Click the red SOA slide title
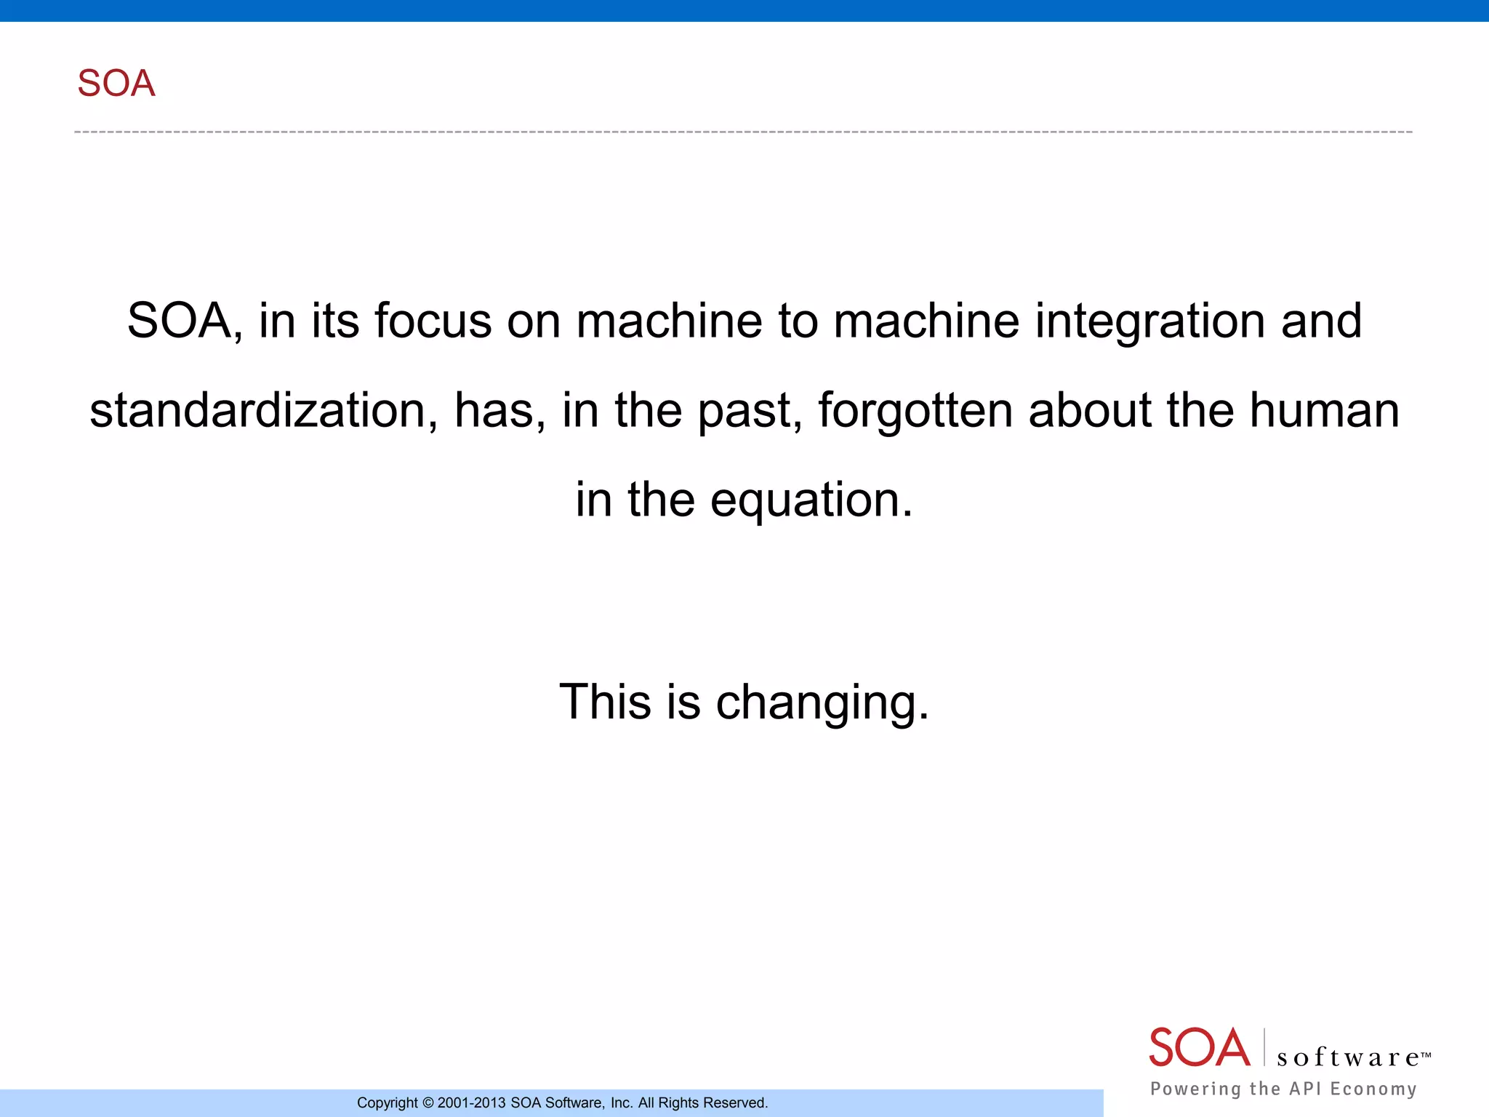[116, 83]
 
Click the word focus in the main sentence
[433, 321]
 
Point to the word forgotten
[915, 410]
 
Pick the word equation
[811, 500]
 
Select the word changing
[822, 703]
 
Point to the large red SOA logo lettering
[1199, 1048]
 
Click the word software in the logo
[1349, 1057]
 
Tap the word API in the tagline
[1305, 1089]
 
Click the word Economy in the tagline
[1373, 1089]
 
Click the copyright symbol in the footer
[428, 1103]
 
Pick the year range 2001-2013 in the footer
[471, 1103]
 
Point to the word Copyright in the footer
[387, 1103]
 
